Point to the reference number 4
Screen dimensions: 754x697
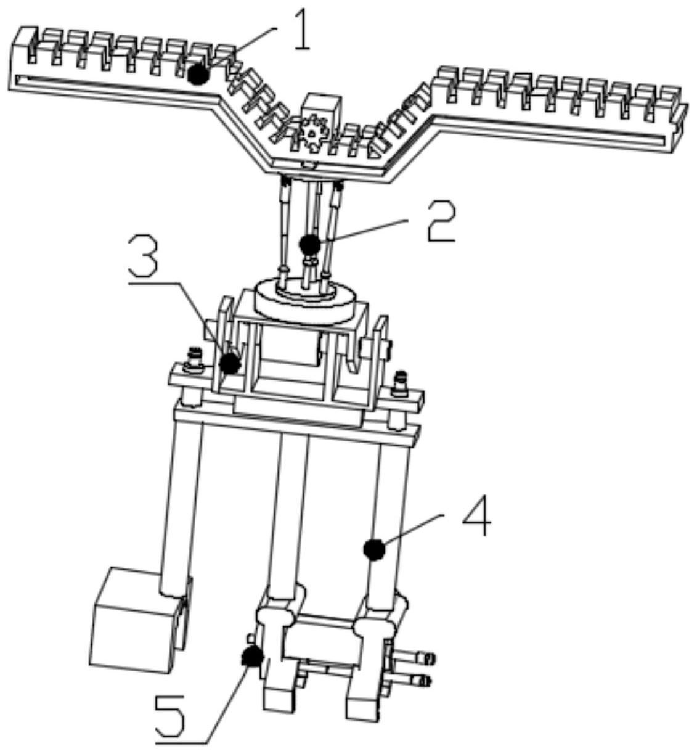tap(476, 518)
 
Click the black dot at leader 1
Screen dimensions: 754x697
tap(198, 75)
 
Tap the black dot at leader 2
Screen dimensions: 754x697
tap(309, 245)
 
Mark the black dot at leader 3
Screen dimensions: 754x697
tap(230, 363)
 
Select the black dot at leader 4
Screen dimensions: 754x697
tap(373, 548)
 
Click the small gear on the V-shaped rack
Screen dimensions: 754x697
tap(314, 132)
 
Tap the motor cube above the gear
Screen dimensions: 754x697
tap(320, 109)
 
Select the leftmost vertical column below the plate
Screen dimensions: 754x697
tap(179, 506)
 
